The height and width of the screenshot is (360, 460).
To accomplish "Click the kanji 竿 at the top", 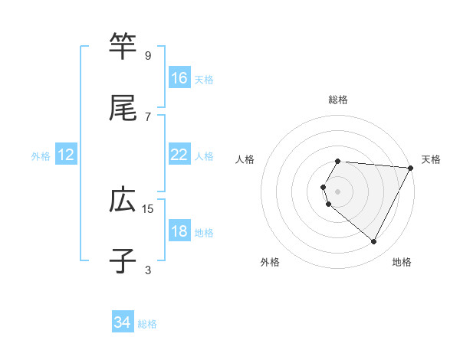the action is pos(123,46).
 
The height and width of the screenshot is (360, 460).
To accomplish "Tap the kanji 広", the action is pos(123,200).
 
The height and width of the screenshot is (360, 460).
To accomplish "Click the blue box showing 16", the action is pos(179,78).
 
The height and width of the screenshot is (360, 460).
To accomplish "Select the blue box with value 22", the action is pos(179,155).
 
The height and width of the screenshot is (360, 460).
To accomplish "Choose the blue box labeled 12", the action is pos(66,155).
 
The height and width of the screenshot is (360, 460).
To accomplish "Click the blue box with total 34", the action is pos(123,323).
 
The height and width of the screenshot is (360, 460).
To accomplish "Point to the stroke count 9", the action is pos(148,56).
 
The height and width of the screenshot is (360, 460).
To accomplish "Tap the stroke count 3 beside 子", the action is pos(148,270).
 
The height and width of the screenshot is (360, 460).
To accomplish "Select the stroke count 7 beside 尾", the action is pos(148,116).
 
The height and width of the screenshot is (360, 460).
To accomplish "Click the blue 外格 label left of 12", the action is pos(41,156).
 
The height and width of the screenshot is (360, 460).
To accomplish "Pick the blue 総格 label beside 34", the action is pos(147,324).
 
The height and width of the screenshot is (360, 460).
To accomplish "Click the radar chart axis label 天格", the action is pos(431,159).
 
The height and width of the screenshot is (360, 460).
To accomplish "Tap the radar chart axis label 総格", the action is pos(338,100).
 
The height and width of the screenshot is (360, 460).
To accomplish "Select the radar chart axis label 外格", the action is pos(270,263).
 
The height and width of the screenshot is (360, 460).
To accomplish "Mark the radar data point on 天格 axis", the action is pos(410,168).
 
